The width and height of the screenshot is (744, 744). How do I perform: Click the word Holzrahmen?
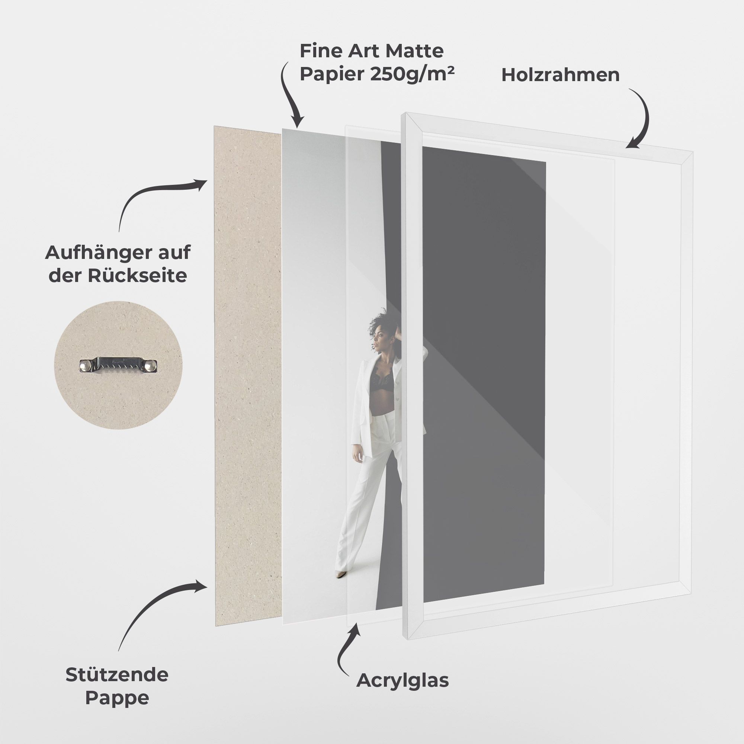(x=560, y=75)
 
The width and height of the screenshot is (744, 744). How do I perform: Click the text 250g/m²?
(x=412, y=74)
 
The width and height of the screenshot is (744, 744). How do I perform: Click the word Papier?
(x=332, y=74)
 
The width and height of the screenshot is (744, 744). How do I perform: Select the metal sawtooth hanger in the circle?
(x=118, y=365)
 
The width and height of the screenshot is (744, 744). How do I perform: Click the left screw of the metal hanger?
(x=86, y=365)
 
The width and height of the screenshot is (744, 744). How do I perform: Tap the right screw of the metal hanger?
(x=151, y=365)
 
